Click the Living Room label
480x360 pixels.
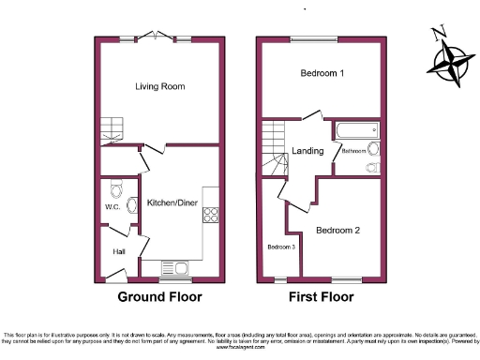click(x=158, y=86)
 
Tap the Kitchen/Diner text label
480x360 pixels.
click(x=171, y=202)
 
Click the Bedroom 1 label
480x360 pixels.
click(x=322, y=73)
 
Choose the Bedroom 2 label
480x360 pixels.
click(x=338, y=230)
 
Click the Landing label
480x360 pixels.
click(x=307, y=151)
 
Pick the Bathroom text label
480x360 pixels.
click(x=353, y=151)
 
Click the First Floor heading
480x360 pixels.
click(x=320, y=297)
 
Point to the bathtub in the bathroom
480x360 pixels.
click(x=353, y=129)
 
